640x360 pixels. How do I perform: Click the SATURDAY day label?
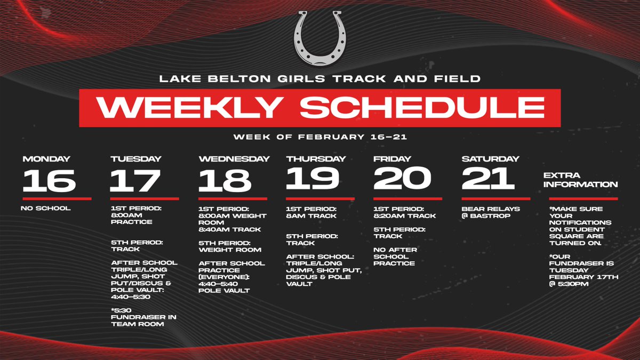(x=490, y=158)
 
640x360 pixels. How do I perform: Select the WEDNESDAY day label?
(x=234, y=158)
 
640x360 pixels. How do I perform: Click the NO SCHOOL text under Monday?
(x=46, y=208)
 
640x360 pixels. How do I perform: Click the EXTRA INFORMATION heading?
(x=580, y=180)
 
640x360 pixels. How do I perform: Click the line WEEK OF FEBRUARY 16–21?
(x=319, y=137)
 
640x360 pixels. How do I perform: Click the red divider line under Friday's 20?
(x=407, y=198)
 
